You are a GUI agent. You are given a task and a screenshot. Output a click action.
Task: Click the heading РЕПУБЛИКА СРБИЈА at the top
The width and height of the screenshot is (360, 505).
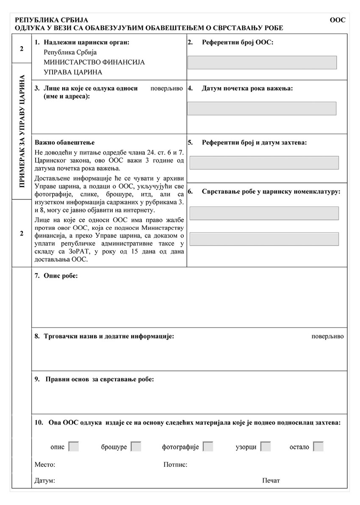[x=51, y=20]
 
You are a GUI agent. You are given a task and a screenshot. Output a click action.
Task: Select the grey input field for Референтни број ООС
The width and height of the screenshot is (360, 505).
[x=262, y=62]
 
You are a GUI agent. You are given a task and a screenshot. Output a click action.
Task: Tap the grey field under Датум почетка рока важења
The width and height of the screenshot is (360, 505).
[x=262, y=108]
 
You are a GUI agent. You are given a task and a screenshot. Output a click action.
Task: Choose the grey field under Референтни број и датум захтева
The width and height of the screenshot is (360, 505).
[x=264, y=163]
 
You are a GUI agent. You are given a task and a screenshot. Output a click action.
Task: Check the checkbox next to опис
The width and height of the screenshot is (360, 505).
[x=73, y=447]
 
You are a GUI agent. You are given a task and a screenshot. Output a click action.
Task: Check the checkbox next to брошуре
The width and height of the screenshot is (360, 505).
[x=136, y=447]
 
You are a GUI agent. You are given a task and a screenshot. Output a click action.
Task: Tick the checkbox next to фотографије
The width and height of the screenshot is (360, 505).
[x=208, y=447]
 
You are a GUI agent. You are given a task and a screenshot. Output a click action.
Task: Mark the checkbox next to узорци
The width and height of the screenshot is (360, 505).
[x=266, y=447]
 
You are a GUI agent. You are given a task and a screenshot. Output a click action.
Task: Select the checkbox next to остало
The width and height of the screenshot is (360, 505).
[x=318, y=447]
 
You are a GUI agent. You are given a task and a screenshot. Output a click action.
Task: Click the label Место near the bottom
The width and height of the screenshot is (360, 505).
[x=45, y=465]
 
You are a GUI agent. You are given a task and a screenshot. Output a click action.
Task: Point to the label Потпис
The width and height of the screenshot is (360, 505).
[x=175, y=465]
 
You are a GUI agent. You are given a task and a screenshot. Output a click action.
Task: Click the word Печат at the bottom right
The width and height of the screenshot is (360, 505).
[x=271, y=480]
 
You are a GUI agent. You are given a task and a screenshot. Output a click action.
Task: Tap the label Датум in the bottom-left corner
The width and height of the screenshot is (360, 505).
[x=45, y=481]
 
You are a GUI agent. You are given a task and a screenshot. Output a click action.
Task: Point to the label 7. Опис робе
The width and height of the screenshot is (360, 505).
[x=56, y=276]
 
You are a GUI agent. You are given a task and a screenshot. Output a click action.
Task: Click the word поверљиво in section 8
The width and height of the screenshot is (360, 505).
[x=327, y=337]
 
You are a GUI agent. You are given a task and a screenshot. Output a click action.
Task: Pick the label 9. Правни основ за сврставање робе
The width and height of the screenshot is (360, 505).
[x=94, y=379]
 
